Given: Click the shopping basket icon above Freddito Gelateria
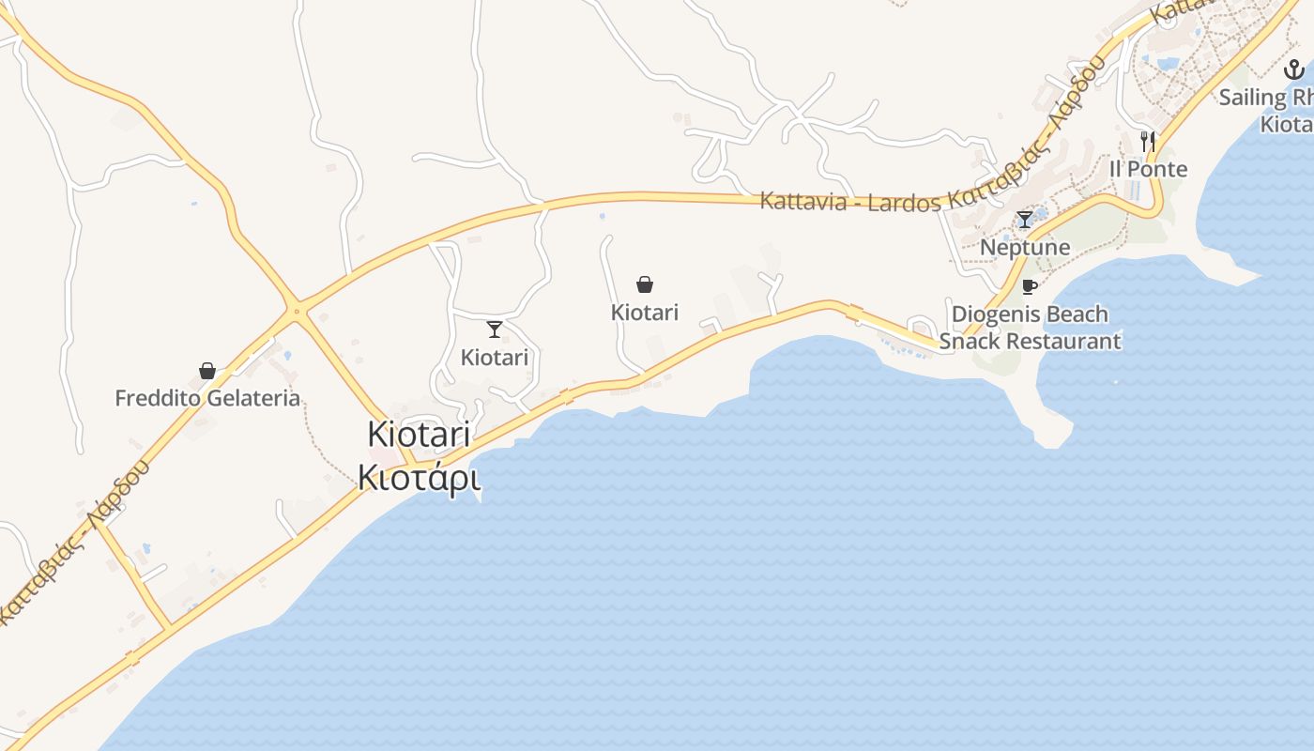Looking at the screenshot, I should coord(207,371).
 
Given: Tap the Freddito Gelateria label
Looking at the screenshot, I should coord(207,398).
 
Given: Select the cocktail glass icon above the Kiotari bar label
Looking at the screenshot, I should coord(495,330).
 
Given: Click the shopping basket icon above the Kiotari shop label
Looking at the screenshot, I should coord(645,284).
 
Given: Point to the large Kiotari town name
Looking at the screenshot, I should coord(419,435).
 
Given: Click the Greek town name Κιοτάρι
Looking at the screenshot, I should coord(419,478).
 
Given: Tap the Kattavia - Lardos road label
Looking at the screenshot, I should coord(849,201).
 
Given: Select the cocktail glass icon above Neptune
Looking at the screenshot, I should coord(1025,220).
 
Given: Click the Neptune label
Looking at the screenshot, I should coord(1025,247).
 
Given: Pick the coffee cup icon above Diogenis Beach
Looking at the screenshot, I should coord(1030,286).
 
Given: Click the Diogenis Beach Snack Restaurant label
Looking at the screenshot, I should coord(1030,328).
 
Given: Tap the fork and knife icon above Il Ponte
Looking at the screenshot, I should coord(1148,141).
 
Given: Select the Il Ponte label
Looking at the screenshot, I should coord(1148,169).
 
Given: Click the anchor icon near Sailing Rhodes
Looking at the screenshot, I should coord(1294,69).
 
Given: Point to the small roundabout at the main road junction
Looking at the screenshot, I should coord(297,310).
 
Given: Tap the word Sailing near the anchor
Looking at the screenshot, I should coord(1252,97).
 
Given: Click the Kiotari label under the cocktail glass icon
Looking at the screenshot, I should coord(495,358).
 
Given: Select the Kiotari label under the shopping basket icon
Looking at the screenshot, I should coord(645,313).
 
